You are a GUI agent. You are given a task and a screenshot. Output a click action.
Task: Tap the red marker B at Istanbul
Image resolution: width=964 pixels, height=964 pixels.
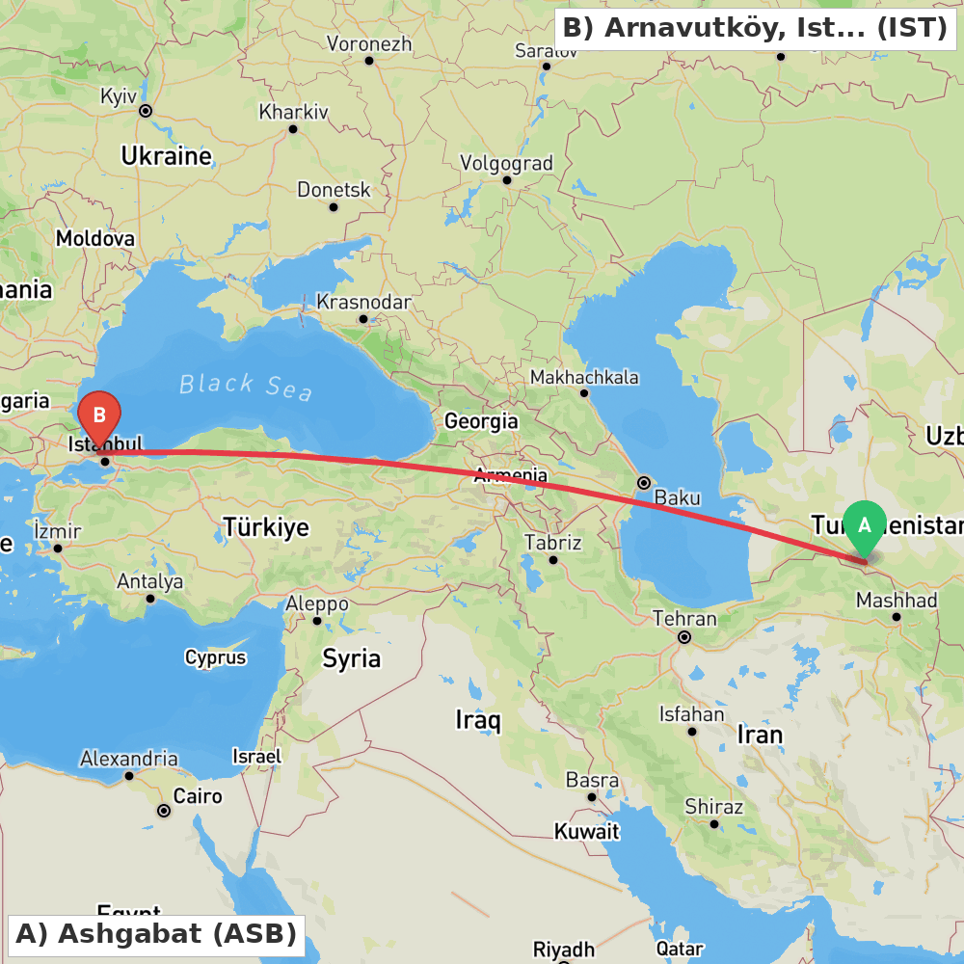[x=99, y=416]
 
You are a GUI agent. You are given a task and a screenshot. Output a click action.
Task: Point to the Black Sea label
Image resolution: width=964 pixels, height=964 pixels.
[x=246, y=387]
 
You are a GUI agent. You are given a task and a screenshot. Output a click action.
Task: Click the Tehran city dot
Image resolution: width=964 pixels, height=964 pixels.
[x=684, y=637]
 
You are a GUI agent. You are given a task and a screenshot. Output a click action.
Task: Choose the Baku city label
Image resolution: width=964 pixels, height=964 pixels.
[x=677, y=498]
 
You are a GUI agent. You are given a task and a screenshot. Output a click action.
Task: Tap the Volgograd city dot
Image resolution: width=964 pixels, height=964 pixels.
[x=507, y=179]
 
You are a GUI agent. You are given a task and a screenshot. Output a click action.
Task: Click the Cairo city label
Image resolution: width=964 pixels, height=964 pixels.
[x=198, y=796]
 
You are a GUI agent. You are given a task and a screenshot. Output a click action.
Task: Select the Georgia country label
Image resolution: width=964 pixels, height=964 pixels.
[x=481, y=421]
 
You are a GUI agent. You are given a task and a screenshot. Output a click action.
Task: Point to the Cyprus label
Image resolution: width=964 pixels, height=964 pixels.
[x=216, y=658]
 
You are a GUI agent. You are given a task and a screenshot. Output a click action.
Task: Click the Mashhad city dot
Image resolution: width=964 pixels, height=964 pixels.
[x=897, y=616]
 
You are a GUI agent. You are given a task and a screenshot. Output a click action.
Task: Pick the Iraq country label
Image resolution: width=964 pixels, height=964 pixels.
[x=478, y=720]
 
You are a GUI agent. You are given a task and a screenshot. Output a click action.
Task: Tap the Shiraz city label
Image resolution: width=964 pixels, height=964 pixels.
[x=713, y=806]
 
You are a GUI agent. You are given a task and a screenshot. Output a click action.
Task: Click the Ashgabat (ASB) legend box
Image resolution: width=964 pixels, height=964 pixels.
[x=156, y=934]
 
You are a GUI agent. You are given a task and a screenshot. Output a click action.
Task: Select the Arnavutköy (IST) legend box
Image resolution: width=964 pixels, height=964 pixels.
[x=755, y=28]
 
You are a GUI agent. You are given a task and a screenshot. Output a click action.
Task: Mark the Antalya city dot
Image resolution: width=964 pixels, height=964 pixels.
[x=150, y=599]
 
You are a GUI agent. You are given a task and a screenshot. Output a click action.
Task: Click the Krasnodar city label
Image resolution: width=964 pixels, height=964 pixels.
[x=363, y=302]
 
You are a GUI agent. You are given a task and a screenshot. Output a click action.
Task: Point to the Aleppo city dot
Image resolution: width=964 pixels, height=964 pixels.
[x=316, y=621]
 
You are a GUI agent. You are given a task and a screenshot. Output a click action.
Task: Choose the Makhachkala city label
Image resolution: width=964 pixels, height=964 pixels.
[x=584, y=377]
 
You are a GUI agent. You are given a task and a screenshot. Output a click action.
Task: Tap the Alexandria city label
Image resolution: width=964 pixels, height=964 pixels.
[x=128, y=759]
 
